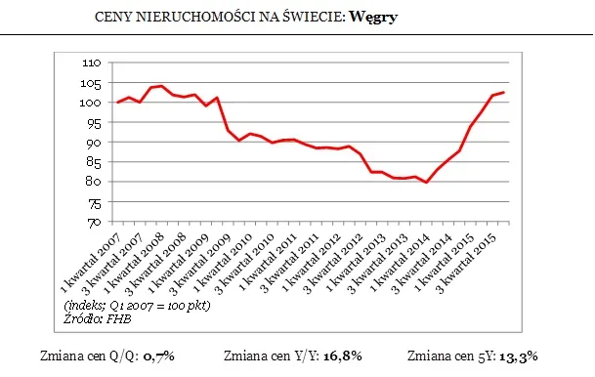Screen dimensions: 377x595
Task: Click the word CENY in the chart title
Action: [x=114, y=19]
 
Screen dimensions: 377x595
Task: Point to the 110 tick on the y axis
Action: [x=90, y=63]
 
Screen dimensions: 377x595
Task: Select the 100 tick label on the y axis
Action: [x=90, y=103]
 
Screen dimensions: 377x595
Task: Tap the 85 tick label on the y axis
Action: [x=93, y=162]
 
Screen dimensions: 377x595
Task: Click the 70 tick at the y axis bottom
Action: [x=93, y=222]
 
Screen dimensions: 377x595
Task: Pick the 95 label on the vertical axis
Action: [x=93, y=122]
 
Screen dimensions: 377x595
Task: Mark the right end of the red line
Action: [x=503, y=93]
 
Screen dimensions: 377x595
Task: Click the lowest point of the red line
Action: [x=426, y=183]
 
